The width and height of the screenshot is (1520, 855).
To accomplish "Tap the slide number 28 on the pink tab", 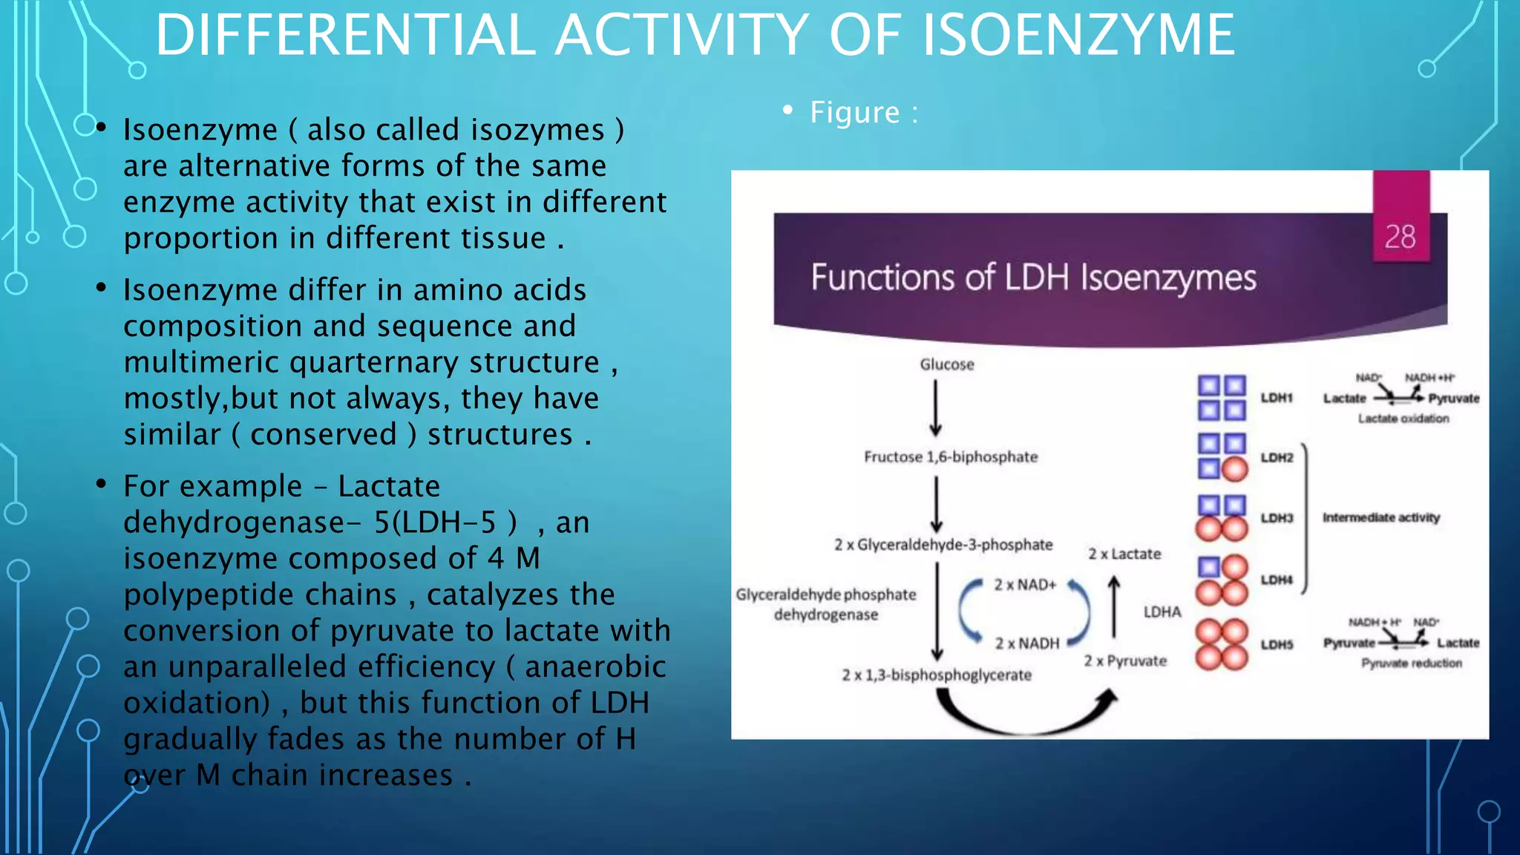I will pos(1400,237).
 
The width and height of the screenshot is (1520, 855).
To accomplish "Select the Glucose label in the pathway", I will pos(947,364).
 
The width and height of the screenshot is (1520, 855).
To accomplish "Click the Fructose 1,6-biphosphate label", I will pos(951,456).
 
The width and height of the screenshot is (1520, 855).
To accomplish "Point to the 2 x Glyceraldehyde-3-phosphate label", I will pos(943,545).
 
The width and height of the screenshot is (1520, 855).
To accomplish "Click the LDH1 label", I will pos(1277,398).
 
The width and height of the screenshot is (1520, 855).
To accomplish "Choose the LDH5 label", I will pos(1277,644).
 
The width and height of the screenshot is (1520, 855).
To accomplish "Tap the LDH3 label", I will pos(1277,517).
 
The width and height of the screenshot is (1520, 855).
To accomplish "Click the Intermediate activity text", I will pos(1380,517).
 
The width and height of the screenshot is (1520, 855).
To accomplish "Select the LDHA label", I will pos(1162,612).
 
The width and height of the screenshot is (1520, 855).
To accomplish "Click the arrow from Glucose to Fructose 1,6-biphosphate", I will pos(936,408).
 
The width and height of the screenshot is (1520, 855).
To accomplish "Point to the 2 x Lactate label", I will pos(1124,554).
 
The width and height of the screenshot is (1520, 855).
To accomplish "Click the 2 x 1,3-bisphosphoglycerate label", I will pos(937,675).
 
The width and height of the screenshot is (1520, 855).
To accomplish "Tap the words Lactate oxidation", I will pos(1403,419).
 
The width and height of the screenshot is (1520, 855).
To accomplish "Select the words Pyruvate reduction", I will pos(1411,663).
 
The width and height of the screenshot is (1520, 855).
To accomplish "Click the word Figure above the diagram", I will pos(854,113).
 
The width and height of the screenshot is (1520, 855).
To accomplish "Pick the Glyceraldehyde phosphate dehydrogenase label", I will pos(826,604).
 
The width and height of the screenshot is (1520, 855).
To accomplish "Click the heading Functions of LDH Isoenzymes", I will pos(1033,278).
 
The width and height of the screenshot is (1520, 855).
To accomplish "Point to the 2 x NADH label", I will pos(1027,643).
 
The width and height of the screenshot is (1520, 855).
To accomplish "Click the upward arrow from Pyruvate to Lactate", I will pos(1114,607).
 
